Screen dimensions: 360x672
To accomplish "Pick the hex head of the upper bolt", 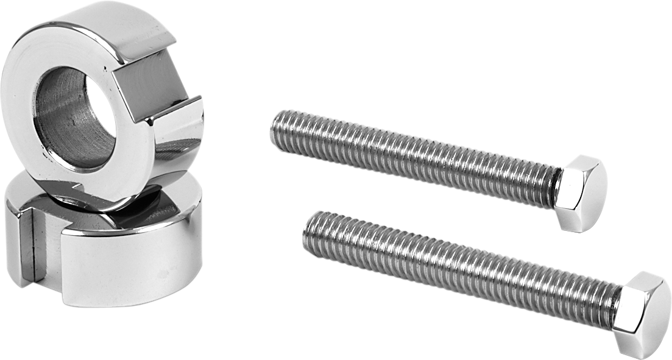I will click(x=582, y=192).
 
